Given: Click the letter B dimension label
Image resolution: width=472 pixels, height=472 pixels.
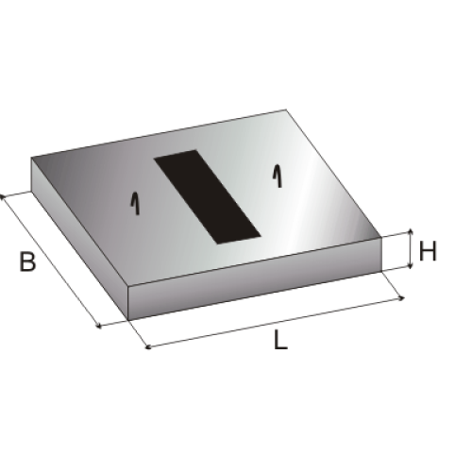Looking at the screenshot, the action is pos(27,261).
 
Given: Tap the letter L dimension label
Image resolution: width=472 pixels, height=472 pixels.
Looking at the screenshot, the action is pos(280,340).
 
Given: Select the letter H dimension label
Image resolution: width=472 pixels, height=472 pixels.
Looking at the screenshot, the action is pos(429,251).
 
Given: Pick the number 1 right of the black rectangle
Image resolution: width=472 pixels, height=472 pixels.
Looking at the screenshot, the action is pos(277,176).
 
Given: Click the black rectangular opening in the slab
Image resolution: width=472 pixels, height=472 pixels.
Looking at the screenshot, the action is pos(207,197).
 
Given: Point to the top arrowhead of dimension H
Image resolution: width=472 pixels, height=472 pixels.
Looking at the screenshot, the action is pos(411,232).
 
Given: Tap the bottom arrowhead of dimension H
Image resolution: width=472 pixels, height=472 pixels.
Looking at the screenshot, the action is pos(411,266).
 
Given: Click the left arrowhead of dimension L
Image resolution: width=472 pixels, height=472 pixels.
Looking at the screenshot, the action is pos(148,346).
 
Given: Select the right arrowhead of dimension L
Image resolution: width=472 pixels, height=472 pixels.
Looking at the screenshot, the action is pos(401,298).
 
